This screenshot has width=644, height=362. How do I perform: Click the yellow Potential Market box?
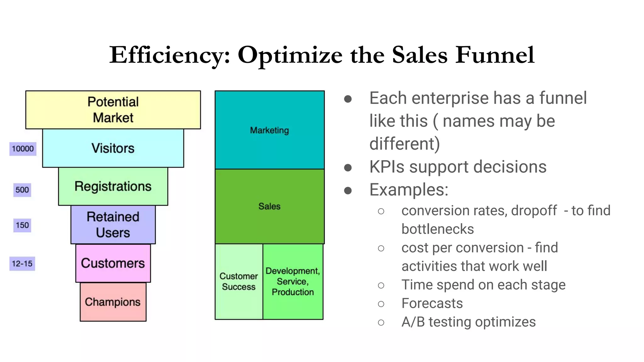(113, 110)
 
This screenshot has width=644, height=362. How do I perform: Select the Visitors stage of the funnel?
(113, 148)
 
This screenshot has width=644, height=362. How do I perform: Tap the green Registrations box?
(113, 186)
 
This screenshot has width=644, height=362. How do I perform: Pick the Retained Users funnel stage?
(113, 224)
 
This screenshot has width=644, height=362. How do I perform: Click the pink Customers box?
(113, 263)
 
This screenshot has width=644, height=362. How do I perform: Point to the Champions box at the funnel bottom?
(113, 302)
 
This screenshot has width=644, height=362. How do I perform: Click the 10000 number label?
(23, 149)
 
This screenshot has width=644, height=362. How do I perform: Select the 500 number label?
(22, 190)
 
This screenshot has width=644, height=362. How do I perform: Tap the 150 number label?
(22, 225)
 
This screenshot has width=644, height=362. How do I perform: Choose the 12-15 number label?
(22, 263)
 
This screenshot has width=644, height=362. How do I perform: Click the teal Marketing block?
(269, 130)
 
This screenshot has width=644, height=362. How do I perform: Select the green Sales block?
(269, 206)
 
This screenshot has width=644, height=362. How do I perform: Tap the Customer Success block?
(239, 281)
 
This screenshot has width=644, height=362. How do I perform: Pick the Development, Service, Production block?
(293, 281)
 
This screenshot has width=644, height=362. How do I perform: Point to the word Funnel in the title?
(495, 55)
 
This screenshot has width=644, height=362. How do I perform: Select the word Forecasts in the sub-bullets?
(432, 303)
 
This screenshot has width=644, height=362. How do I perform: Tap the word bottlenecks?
(437, 229)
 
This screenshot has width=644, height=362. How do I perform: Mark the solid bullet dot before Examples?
(348, 190)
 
